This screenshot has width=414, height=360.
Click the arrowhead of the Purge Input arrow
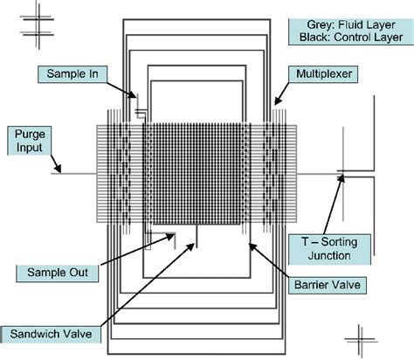62,171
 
